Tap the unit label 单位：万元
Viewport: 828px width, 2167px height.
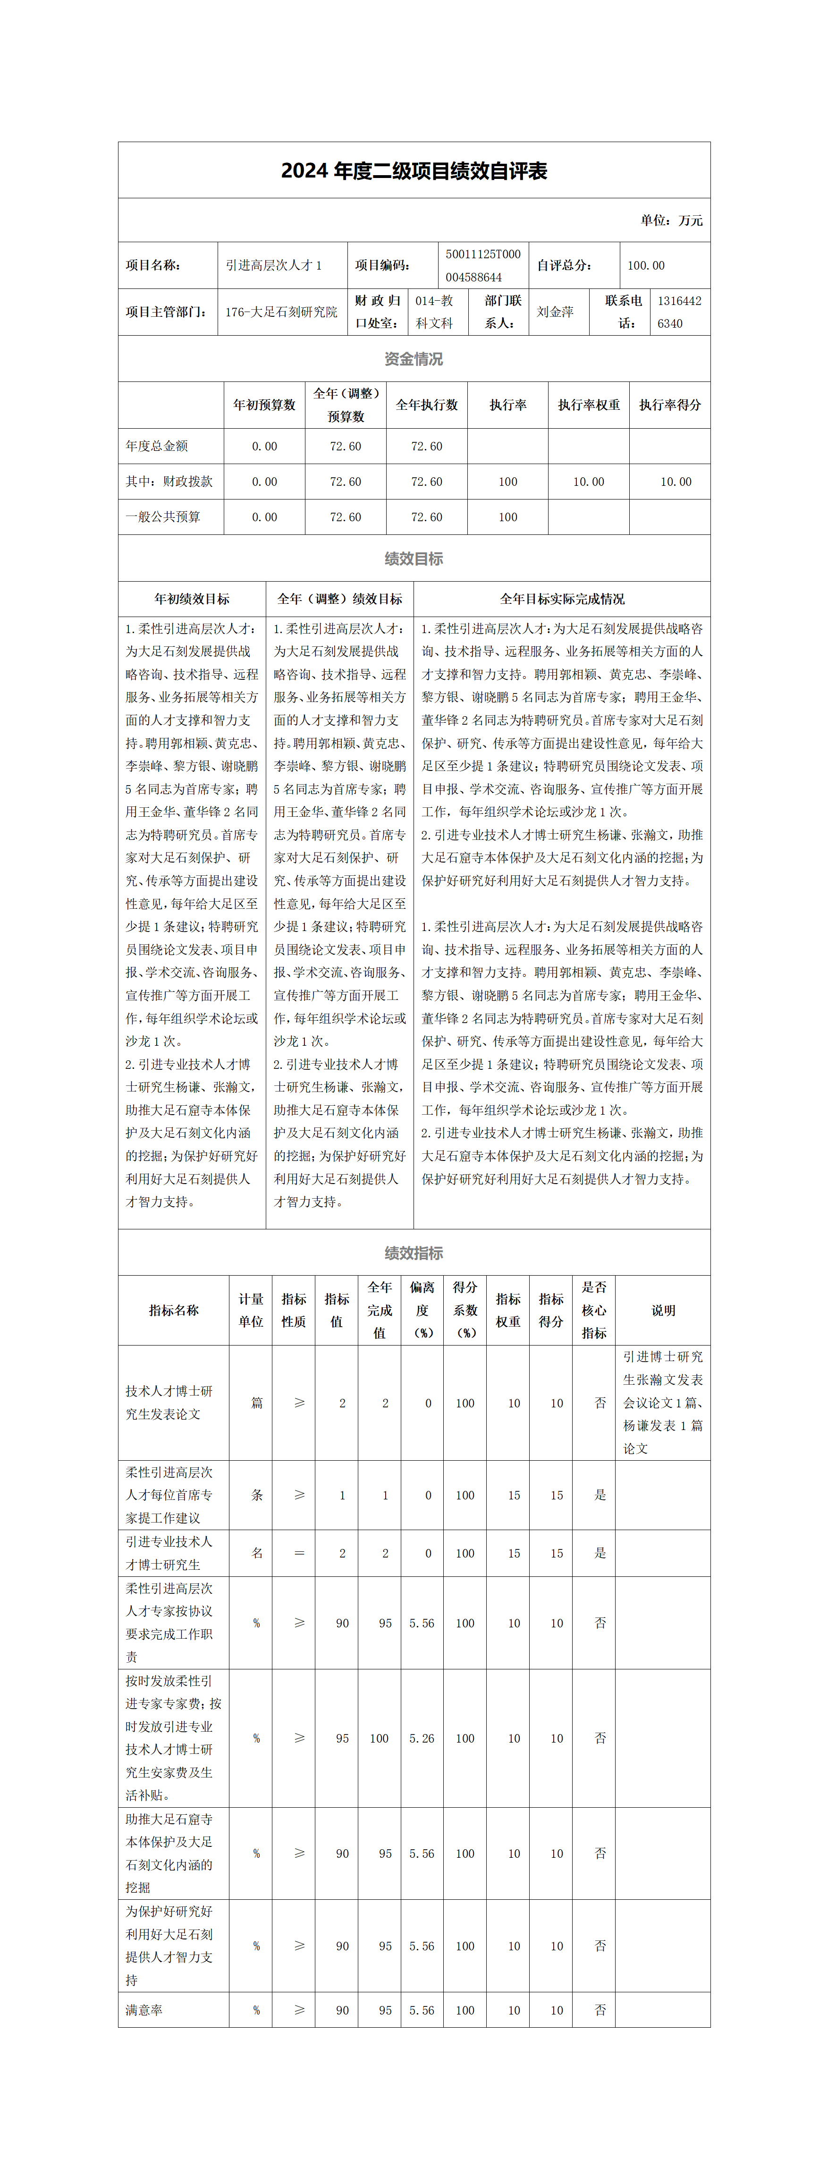click(671, 220)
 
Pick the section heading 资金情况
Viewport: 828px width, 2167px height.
click(413, 359)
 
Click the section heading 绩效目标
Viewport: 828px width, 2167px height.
click(413, 559)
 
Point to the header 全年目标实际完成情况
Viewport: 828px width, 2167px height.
click(562, 599)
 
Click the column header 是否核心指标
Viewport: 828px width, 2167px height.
click(594, 1310)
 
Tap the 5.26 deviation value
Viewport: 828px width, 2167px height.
click(422, 1738)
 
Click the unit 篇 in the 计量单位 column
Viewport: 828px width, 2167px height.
click(257, 1403)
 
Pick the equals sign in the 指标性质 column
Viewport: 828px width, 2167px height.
click(299, 1553)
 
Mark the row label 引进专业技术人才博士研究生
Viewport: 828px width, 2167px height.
click(169, 1553)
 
